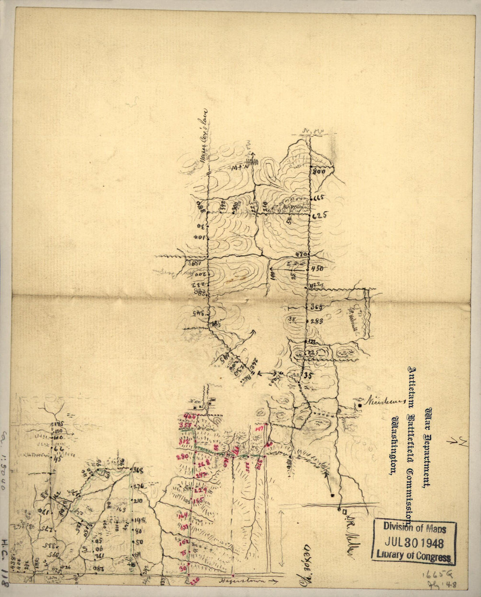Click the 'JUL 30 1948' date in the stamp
click(415, 543)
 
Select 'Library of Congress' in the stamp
click(414, 557)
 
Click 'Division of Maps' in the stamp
click(415, 528)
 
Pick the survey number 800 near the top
click(319, 172)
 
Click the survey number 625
click(320, 215)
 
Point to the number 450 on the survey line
click(317, 269)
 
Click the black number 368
click(138, 471)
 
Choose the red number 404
click(190, 416)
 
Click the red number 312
click(184, 442)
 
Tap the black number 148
click(140, 520)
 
